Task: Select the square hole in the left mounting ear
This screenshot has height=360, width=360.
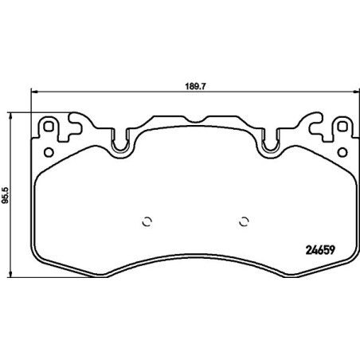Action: [x=49, y=127]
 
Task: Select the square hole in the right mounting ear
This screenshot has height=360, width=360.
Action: [x=343, y=127]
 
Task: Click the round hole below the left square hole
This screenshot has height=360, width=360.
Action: [x=49, y=151]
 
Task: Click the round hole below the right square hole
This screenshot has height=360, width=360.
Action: [x=343, y=151]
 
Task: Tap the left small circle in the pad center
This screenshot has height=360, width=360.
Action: [x=146, y=222]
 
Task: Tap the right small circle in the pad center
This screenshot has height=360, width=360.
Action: [x=245, y=222]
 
